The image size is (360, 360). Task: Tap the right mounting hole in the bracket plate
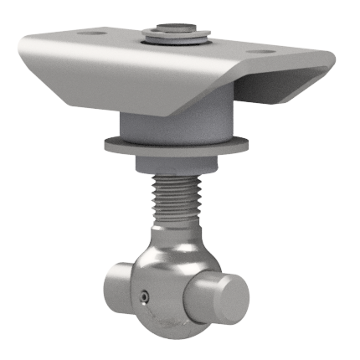pos(265,51)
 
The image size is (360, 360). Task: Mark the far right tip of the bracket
pos(333,61)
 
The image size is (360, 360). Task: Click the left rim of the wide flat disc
pos(108,143)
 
